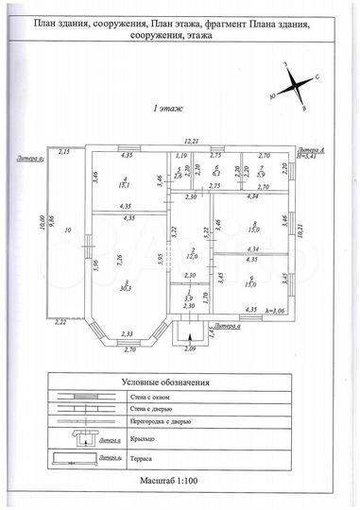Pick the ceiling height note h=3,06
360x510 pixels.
pyautogui.click(x=278, y=309)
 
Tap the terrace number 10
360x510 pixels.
pyautogui.click(x=67, y=229)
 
